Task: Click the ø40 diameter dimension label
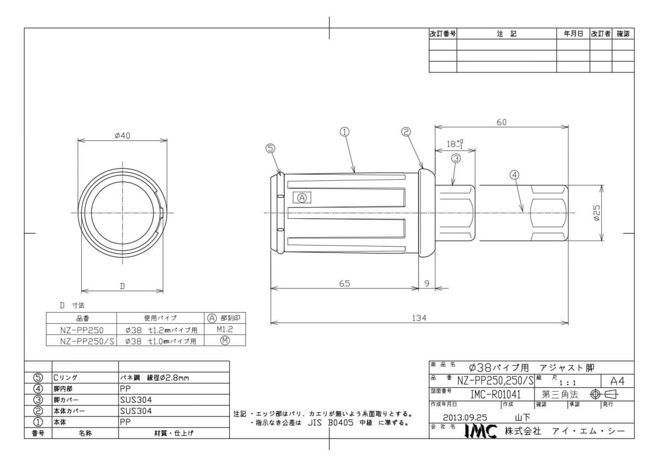(x=122, y=135)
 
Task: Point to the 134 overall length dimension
(x=419, y=318)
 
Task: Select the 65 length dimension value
(x=344, y=284)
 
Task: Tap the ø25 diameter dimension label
(x=596, y=213)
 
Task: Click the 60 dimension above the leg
(x=501, y=122)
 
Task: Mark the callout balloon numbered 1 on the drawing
(x=344, y=132)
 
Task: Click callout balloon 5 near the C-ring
(x=270, y=148)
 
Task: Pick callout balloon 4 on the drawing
(x=514, y=175)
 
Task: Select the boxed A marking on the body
(x=302, y=198)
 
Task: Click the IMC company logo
(x=481, y=431)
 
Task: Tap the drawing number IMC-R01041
(x=495, y=395)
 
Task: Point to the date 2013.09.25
(x=465, y=418)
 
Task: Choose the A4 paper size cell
(x=617, y=381)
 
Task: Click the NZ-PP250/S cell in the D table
(x=87, y=341)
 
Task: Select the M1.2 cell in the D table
(x=225, y=329)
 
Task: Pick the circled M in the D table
(x=225, y=341)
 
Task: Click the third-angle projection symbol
(x=605, y=395)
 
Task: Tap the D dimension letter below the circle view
(x=122, y=286)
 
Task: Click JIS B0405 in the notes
(x=331, y=423)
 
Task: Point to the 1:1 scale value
(x=567, y=383)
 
